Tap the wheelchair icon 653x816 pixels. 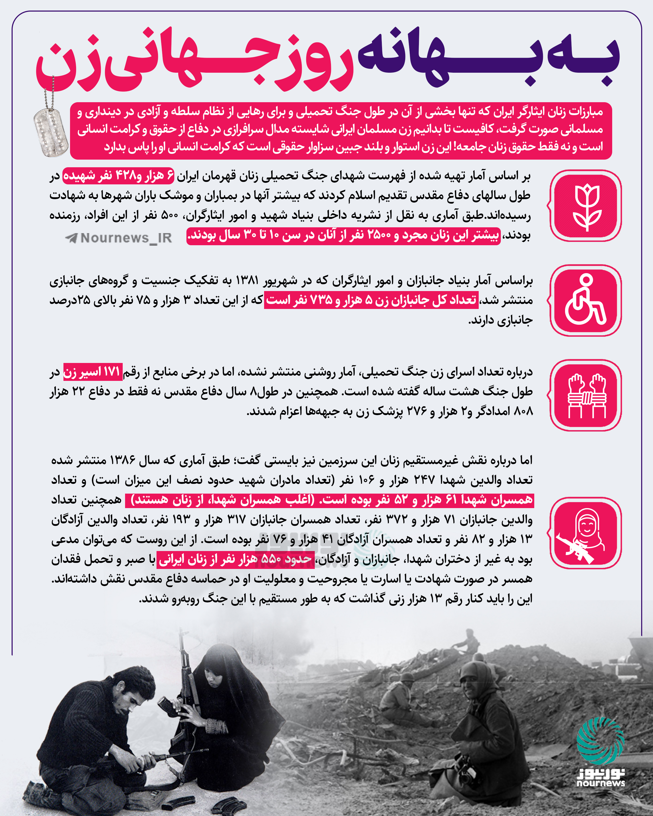click(586, 300)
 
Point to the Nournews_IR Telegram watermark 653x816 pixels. click(119, 238)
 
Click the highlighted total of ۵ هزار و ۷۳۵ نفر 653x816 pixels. click(371, 300)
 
